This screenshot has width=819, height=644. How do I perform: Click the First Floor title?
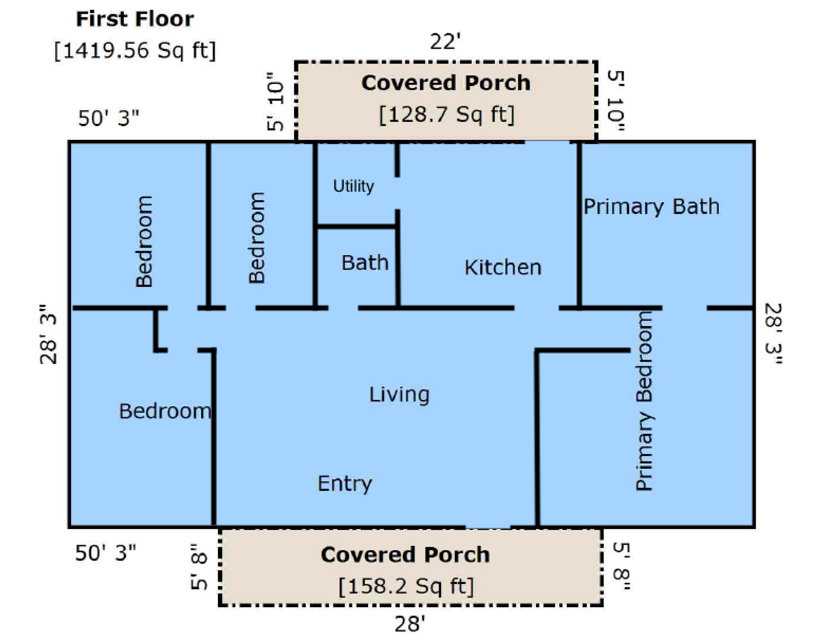coord(135,19)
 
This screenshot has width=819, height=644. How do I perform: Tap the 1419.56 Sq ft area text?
coord(135,51)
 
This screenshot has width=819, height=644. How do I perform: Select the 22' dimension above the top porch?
coord(445,42)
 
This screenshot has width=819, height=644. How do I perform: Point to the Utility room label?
coord(354,186)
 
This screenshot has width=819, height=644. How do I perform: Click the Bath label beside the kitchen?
coord(365,262)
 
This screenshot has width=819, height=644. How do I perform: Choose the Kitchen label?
coord(503,268)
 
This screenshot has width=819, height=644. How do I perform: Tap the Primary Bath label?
coord(651,206)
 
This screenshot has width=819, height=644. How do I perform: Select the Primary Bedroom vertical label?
coord(645,401)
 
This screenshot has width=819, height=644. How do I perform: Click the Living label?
coord(399,395)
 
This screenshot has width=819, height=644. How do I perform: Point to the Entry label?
coord(345,484)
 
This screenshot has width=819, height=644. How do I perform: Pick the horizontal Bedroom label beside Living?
coord(164,411)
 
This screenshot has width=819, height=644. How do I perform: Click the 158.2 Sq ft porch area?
coord(406,586)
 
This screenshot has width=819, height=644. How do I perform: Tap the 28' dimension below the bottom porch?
coord(409,624)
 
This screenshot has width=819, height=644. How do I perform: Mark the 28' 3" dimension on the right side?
coord(774,334)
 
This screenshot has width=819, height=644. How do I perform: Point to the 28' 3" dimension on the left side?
coord(48,334)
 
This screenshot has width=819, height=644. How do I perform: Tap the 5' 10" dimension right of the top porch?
coord(616,101)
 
